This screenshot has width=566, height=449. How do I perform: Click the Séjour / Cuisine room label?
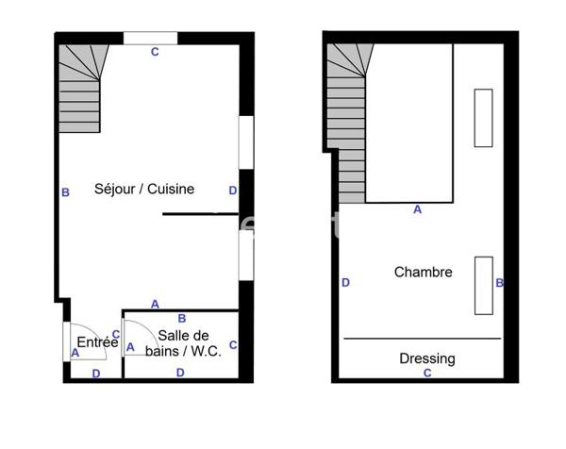[144, 189]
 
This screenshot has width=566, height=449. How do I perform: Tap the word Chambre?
[423, 272]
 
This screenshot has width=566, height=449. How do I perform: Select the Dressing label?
[426, 358]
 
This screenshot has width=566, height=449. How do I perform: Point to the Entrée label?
[97, 342]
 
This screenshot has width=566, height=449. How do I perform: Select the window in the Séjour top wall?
[151, 39]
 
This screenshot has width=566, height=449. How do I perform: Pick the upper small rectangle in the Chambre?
[483, 117]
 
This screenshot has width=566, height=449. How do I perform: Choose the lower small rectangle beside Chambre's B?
[484, 285]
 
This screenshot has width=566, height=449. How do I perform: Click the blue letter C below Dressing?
[427, 374]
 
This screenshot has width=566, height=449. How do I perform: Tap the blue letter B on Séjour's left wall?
[65, 192]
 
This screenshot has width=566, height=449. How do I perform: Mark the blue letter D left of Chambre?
[346, 282]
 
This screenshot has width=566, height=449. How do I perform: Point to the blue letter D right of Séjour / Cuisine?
[233, 191]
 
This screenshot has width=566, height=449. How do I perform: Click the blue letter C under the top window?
[155, 53]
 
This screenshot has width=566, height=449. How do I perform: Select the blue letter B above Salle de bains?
[182, 319]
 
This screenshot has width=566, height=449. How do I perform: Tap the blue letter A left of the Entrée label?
[75, 353]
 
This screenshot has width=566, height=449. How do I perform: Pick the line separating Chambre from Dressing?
[422, 338]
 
